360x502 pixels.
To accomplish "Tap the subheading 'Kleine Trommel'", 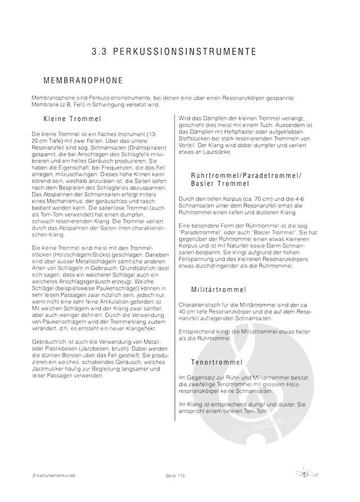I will pyautogui.click(x=71, y=119).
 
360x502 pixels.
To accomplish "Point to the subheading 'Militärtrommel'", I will pyautogui.click(x=219, y=290).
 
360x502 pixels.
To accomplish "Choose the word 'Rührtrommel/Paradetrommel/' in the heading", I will pyautogui.click(x=246, y=176).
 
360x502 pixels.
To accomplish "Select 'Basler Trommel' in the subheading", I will pyautogui.click(x=219, y=185).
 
